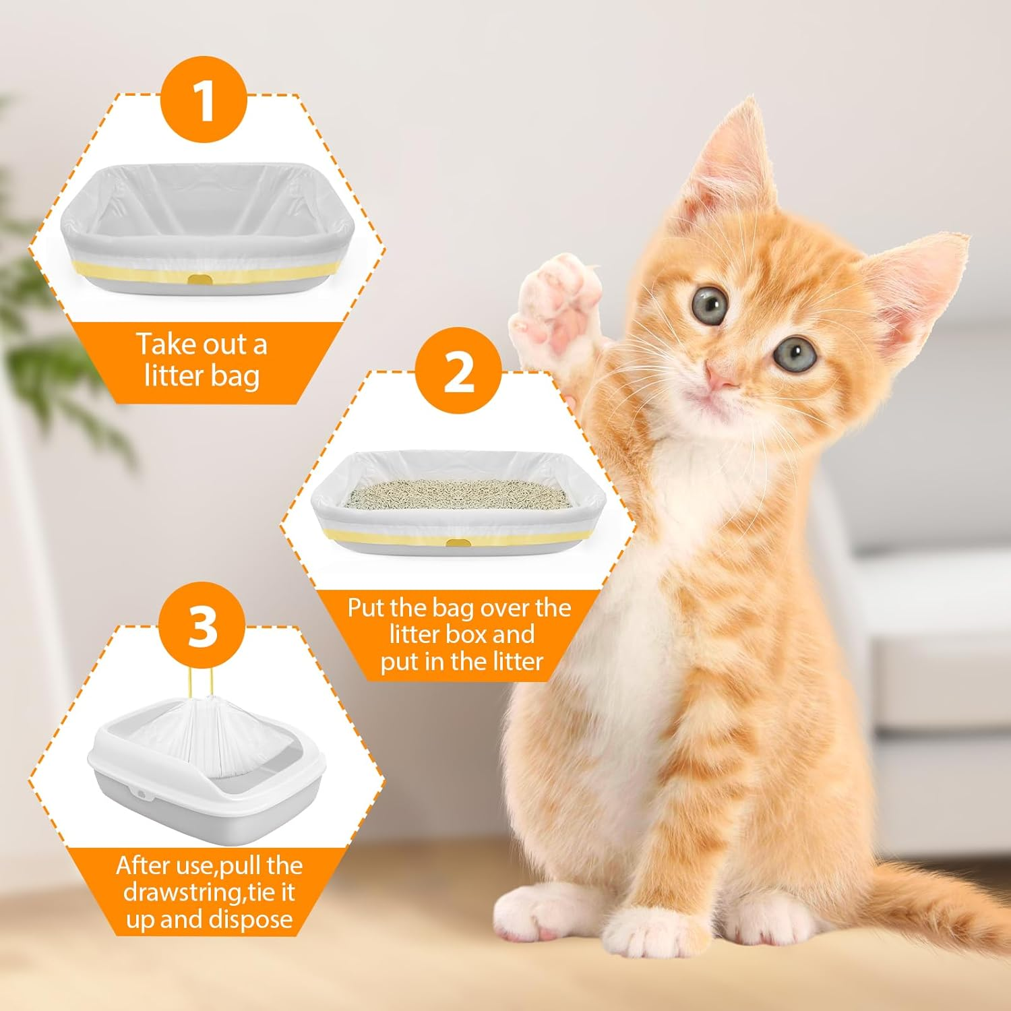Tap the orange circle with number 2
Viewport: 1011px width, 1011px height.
click(x=458, y=371)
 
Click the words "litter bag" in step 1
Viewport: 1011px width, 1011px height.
click(x=202, y=375)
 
